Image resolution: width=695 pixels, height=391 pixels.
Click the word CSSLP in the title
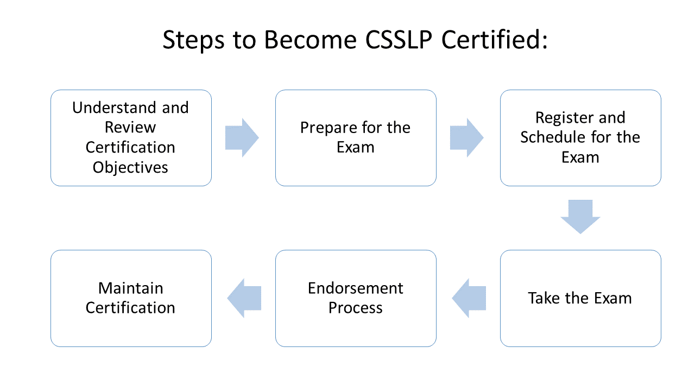(x=399, y=40)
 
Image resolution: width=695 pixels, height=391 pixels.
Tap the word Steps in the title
(x=193, y=40)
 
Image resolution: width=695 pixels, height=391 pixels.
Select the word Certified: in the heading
(x=495, y=40)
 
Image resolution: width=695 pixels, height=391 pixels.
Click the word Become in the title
(x=310, y=40)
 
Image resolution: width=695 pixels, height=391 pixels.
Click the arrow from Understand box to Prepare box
(x=242, y=137)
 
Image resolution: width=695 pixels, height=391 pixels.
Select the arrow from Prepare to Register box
(x=466, y=137)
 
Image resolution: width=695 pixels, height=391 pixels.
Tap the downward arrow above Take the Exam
(x=580, y=217)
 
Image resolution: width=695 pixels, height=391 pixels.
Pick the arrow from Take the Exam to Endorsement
(x=469, y=298)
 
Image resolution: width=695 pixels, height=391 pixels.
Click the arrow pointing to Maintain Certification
(x=244, y=298)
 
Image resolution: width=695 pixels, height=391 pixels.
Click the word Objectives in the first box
(x=130, y=168)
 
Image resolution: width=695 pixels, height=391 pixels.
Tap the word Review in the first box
(x=130, y=127)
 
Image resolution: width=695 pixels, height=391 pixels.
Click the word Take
(x=544, y=298)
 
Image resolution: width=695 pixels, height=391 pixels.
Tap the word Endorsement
(x=356, y=288)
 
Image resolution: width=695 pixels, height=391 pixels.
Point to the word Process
(x=356, y=308)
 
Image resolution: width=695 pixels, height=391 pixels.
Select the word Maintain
(x=131, y=288)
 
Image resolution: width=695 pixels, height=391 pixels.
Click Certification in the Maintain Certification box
(x=130, y=308)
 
